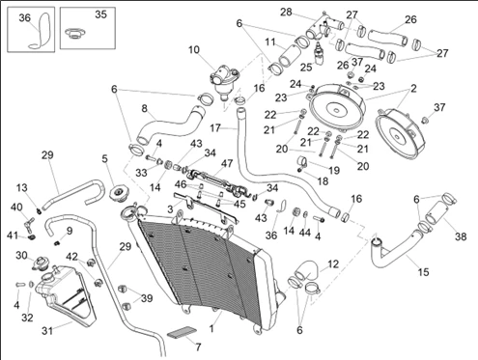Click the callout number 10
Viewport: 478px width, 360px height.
point(194,50)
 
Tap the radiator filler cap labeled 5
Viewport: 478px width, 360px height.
point(119,194)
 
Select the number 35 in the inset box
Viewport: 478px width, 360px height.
point(100,14)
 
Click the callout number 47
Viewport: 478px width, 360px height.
point(227,163)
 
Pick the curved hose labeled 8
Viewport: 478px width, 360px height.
point(171,125)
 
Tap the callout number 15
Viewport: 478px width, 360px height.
point(424,272)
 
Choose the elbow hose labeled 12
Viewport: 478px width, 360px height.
point(306,269)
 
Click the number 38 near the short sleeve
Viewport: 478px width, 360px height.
point(461,236)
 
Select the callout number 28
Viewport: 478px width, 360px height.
point(286,13)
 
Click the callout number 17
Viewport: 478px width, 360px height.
point(215,128)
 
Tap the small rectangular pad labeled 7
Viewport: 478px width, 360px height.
point(182,332)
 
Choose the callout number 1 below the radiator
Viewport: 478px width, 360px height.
point(211,329)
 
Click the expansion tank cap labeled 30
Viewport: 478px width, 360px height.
point(40,263)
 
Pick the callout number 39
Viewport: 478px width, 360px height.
point(147,298)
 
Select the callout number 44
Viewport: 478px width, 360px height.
point(305,233)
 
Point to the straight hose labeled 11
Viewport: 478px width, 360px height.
point(289,56)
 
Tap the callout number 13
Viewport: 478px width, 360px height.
point(22,188)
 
